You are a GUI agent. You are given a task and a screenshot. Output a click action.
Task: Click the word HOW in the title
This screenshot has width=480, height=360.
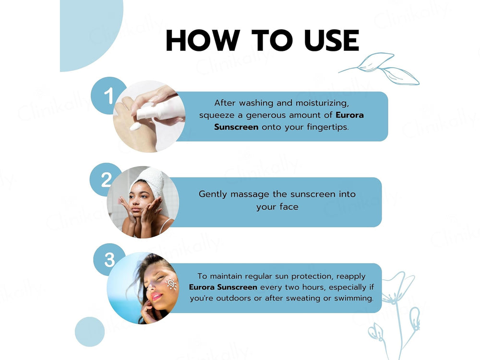tap(203, 40)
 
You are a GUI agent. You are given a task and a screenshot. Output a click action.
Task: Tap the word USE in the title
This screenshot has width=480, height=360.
tap(332, 40)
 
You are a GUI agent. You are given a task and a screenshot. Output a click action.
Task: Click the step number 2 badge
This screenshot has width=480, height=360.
tap(106, 180)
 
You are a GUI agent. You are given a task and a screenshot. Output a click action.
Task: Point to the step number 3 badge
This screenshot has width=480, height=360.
tap(109, 260)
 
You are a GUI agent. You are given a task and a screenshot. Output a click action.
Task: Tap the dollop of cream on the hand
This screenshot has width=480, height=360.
tap(135, 126)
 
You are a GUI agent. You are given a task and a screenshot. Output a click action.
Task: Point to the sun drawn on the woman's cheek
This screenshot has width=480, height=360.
tap(171, 284)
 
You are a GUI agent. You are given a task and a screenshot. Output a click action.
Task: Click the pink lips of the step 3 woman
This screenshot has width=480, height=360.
tap(156, 296)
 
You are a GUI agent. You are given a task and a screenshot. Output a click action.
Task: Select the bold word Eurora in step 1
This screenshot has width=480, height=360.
tap(350, 115)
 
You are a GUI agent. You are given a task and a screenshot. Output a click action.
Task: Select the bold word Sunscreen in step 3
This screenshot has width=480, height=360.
tap(237, 287)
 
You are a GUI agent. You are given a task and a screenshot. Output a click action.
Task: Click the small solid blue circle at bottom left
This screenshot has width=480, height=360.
tap(90, 332)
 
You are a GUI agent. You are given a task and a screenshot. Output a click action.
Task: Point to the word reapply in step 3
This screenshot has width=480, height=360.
tap(351, 277)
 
